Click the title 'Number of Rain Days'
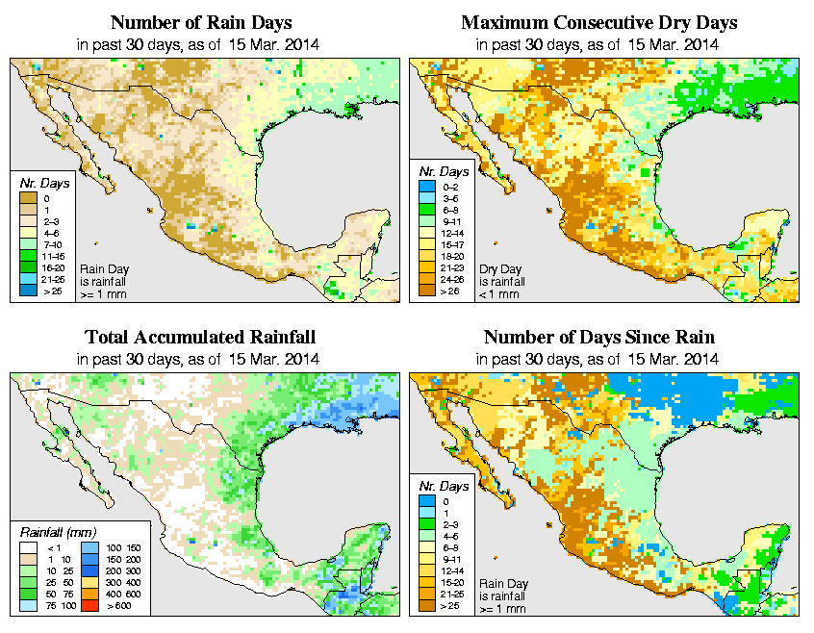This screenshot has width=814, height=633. click(200, 22)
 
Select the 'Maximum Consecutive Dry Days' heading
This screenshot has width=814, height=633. click(598, 22)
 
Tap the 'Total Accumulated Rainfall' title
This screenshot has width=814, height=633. click(200, 338)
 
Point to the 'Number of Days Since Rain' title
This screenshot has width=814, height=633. click(598, 338)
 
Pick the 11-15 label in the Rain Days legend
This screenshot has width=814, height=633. click(53, 255)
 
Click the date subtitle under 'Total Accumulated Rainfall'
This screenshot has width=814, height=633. click(200, 359)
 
